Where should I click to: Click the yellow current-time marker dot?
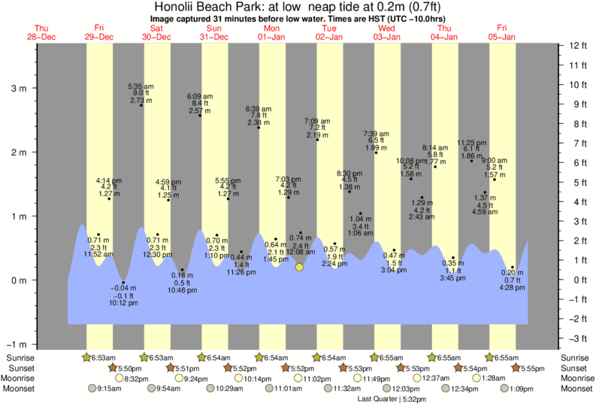coord(299,267)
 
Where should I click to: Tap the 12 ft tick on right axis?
coord(577,46)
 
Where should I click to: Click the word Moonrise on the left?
coord(23,379)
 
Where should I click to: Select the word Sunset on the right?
coord(575,368)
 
